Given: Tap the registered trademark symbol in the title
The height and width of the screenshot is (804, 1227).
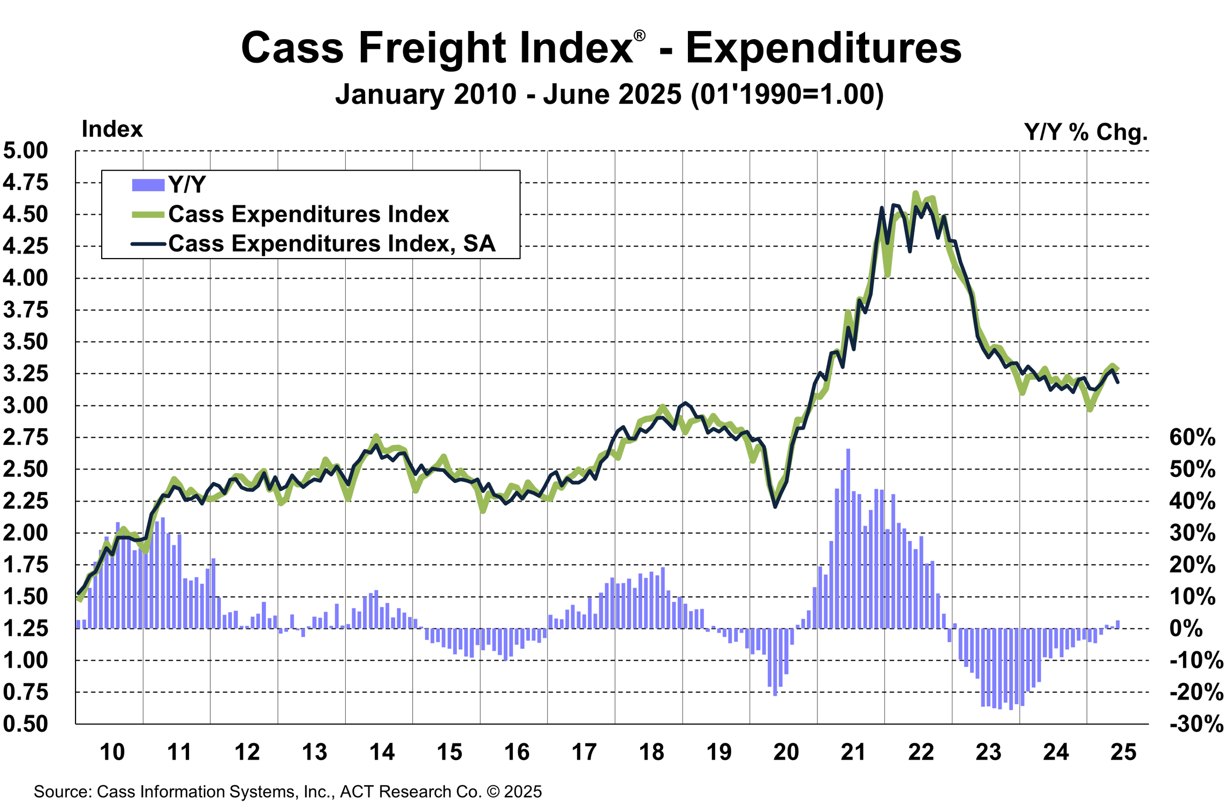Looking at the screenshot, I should tap(639, 36).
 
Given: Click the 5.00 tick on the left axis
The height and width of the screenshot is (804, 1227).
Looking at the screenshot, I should tap(26, 150).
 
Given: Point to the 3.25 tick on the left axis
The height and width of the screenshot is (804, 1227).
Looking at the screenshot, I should tap(26, 374).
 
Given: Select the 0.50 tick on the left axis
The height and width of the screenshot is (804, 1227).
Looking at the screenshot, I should tap(26, 724).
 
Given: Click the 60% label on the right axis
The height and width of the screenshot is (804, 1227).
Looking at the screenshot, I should tap(1192, 437).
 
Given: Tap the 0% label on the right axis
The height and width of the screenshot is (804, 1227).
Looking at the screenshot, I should tap(1186, 628).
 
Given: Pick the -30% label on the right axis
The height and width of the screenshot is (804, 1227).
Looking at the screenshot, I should tap(1196, 724).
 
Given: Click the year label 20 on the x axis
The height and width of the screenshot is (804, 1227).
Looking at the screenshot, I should tap(786, 752).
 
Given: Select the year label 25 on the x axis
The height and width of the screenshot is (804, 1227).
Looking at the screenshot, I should tap(1123, 752).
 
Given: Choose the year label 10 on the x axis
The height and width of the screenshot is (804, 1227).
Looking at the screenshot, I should tap(112, 752).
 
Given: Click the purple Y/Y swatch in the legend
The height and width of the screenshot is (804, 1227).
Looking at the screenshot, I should tap(148, 185).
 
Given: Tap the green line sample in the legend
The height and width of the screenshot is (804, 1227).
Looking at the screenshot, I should tap(148, 215).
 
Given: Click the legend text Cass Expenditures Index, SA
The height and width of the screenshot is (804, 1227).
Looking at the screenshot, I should tap(332, 244).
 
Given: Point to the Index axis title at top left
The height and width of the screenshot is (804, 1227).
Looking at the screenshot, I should tap(112, 129).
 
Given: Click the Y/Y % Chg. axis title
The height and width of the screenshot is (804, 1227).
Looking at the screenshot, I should tap(1086, 132).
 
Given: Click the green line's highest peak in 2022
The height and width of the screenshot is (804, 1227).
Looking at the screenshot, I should tap(915, 194).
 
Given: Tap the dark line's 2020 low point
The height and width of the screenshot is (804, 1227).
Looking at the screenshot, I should tap(775, 506).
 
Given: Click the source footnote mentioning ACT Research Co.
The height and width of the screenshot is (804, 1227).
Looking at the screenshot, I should tap(287, 791).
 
